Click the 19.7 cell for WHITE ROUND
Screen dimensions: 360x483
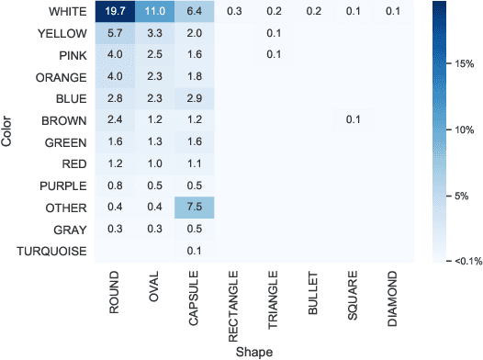click(114, 12)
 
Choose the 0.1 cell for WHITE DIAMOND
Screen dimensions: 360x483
click(393, 12)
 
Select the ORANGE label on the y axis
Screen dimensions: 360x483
click(62, 76)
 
